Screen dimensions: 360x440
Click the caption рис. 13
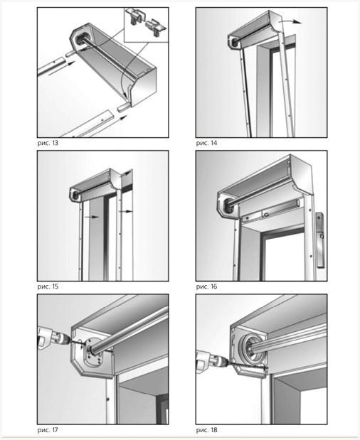[x=48, y=143]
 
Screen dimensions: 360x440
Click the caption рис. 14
[x=206, y=143]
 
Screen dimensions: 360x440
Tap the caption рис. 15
[x=48, y=286]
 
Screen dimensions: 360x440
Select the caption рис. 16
[x=206, y=286]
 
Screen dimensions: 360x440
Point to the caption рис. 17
[x=48, y=430]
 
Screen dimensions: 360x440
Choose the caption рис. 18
[x=206, y=430]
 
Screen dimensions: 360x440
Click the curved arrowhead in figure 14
[x=297, y=22]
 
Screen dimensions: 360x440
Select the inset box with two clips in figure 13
[x=146, y=25]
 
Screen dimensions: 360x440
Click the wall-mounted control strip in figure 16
[x=320, y=240]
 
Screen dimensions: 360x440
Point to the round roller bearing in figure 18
[x=250, y=348]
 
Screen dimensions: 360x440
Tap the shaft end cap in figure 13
[x=81, y=40]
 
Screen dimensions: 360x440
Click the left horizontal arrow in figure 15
[x=92, y=217]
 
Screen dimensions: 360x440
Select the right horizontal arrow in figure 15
[x=125, y=211]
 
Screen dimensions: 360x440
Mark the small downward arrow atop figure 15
[x=127, y=173]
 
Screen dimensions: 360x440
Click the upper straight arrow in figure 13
[x=62, y=68]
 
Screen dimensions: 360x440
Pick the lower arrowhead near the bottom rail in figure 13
[x=122, y=118]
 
